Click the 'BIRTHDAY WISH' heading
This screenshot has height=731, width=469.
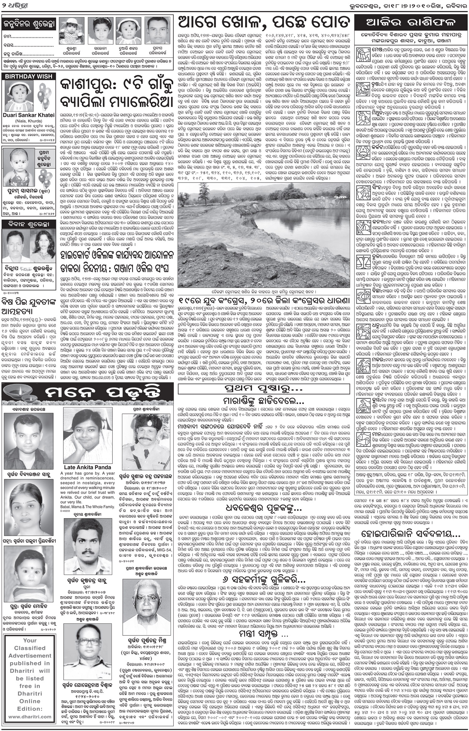point(24,76)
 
